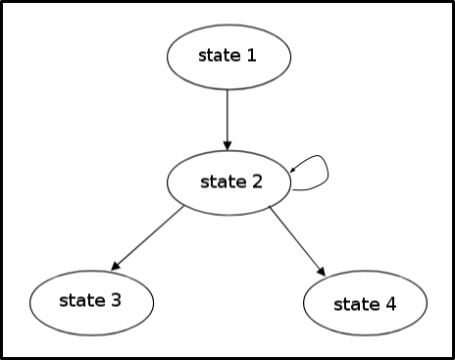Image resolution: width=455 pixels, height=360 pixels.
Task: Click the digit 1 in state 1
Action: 251,55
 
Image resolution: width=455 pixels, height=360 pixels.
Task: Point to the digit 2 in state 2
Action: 257,181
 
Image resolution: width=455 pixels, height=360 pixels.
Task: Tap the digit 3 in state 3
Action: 116,300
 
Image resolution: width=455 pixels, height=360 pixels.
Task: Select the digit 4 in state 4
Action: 391,304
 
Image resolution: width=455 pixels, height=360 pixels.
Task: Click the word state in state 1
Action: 220,55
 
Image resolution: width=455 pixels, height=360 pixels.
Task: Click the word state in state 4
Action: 357,304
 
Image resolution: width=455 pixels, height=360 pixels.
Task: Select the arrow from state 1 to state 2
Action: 227,120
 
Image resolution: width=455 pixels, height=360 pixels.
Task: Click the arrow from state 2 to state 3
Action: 147,237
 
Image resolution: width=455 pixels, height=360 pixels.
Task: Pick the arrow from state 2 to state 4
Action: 297,241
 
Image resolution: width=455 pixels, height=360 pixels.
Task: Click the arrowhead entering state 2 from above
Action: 227,146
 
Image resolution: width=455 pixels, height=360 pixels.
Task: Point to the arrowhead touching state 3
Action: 116,266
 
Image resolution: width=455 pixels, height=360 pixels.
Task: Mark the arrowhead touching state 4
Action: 322,272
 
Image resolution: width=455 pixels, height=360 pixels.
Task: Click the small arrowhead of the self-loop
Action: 292,169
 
